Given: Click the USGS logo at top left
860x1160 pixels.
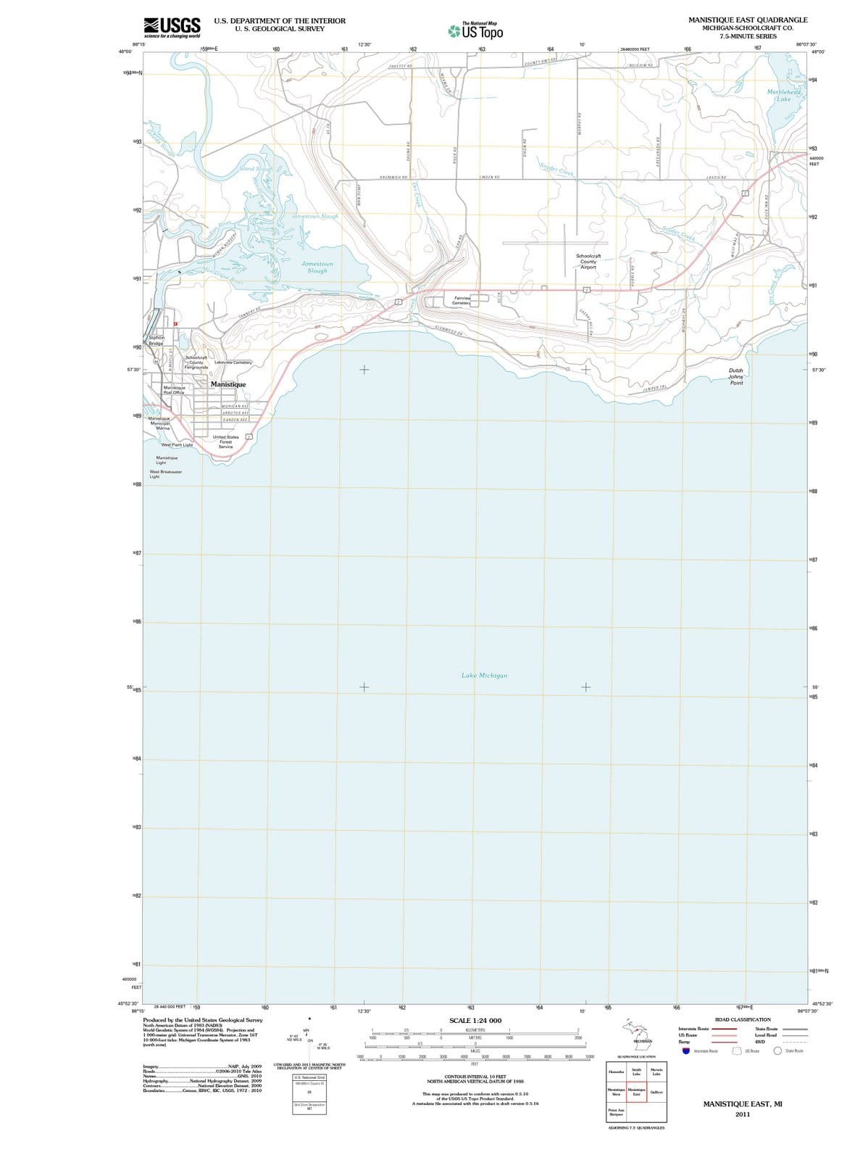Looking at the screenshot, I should (172, 27).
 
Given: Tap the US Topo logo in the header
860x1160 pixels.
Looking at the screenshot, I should (475, 31).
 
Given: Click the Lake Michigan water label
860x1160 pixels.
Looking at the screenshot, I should (484, 675).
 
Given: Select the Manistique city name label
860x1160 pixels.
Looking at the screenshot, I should (228, 384).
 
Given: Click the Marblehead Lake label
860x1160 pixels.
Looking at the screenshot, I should (784, 95).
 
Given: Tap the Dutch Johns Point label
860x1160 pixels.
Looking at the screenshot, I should (735, 376).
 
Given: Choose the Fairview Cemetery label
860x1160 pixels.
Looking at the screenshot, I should (462, 300).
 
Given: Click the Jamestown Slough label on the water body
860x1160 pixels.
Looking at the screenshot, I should (317, 267).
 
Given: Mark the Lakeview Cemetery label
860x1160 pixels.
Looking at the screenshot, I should (233, 362).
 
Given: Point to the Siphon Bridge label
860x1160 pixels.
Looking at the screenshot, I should (156, 340).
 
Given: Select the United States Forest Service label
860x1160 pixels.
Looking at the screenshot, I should (225, 442).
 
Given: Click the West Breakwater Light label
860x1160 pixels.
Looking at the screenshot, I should (165, 474).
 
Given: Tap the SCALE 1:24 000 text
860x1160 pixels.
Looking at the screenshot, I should (475, 1020).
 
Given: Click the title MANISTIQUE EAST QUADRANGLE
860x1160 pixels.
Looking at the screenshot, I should (748, 20).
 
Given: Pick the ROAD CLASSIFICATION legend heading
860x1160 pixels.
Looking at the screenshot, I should (743, 1019).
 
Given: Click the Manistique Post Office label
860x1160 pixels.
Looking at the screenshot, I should (174, 389).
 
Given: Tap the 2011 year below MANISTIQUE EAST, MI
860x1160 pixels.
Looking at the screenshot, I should (742, 1114).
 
